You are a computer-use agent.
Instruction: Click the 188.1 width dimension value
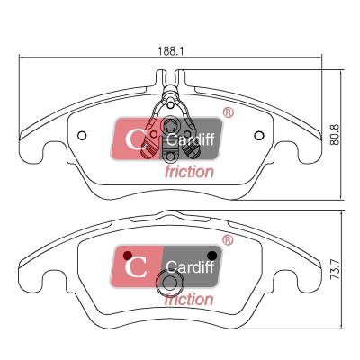click(x=170, y=50)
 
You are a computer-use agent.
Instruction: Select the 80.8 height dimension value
click(x=335, y=135)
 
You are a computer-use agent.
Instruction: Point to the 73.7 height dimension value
click(x=335, y=269)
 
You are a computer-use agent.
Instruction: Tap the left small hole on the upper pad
click(x=82, y=136)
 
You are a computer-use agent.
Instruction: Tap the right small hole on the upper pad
click(x=259, y=136)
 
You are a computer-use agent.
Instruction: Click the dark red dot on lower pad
click(x=128, y=256)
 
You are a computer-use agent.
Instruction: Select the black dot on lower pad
click(x=212, y=256)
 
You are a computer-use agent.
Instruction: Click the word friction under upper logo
click(x=189, y=172)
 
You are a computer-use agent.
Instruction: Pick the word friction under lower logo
click(x=189, y=300)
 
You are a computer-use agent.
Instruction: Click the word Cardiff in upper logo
click(x=191, y=139)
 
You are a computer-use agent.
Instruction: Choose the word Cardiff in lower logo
click(x=191, y=266)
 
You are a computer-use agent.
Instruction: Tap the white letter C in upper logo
click(x=135, y=139)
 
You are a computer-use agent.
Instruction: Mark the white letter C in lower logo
click(x=136, y=267)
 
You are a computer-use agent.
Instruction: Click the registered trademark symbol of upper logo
click(x=229, y=112)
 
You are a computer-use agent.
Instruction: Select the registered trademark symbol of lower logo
click(x=228, y=240)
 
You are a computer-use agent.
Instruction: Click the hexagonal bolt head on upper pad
click(x=170, y=124)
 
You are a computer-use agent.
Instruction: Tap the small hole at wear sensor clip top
click(x=170, y=105)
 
